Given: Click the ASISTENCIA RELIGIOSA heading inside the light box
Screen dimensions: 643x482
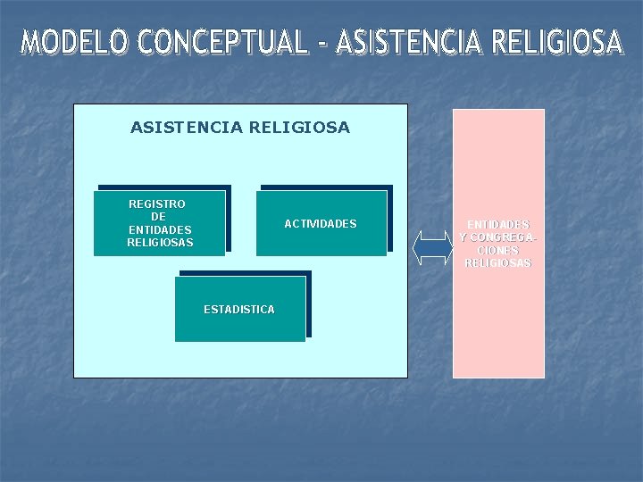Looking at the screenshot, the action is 240,128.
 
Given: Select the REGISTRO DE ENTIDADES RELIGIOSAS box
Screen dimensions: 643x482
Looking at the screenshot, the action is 160,223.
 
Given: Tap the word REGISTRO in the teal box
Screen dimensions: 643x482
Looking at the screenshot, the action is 157,204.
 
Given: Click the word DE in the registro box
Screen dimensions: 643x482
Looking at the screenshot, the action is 158,217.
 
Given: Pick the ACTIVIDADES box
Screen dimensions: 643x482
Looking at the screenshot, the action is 321,223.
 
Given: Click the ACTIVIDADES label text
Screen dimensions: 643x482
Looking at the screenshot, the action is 321,223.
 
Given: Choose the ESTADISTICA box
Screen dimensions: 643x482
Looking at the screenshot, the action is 239,309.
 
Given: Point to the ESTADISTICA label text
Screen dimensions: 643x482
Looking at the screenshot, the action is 239,309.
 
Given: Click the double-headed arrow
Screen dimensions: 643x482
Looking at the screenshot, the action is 434,247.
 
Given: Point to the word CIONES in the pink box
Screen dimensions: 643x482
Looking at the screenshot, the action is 498,250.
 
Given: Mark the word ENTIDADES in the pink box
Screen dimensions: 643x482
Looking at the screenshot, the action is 498,224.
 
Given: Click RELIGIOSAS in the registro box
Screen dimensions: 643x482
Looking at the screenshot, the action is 160,243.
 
